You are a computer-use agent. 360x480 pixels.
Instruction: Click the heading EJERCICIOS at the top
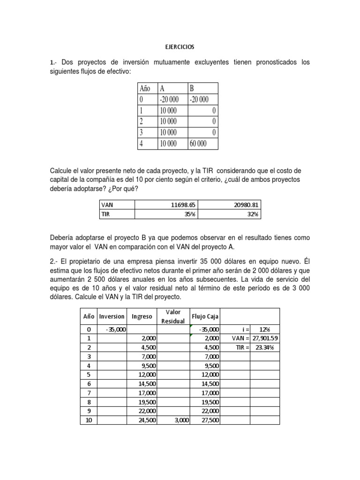click(180, 47)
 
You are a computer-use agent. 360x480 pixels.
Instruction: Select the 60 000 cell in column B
click(197, 143)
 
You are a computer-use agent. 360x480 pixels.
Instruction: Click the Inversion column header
click(112, 316)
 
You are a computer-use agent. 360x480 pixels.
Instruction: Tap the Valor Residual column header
click(173, 316)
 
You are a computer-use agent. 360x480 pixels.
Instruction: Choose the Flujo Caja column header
click(205, 316)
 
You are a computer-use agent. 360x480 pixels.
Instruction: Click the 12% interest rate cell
click(265, 330)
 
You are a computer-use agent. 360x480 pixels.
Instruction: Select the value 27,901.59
click(265, 338)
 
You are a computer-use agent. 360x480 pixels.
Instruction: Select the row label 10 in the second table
click(89, 420)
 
